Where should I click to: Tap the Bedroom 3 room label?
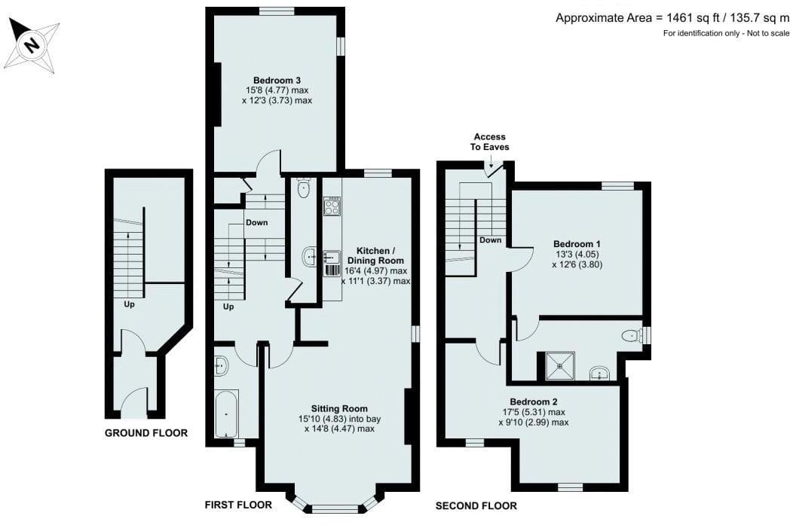point(277,80)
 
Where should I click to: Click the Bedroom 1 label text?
point(577,244)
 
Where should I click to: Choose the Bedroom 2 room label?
point(536,401)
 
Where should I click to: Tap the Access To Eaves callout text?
point(489,142)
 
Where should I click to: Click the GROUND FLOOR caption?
point(145,433)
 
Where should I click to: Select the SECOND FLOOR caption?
point(476,505)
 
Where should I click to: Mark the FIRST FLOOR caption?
point(238,505)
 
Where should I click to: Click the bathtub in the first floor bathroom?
point(226,414)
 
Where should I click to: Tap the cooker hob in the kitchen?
point(332,206)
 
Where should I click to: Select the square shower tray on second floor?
point(559,366)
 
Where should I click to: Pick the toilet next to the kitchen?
point(303,188)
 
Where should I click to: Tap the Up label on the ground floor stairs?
point(130,305)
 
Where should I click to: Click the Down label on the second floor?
point(490,240)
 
